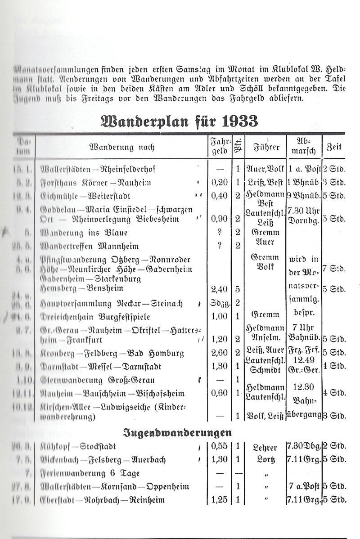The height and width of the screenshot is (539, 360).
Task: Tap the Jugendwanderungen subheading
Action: [x=178, y=433]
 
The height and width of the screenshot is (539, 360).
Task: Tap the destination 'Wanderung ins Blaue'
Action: [x=84, y=233]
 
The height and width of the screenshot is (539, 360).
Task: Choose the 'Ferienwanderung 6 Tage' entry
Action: [x=90, y=473]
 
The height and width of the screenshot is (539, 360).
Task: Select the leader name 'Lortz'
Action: [x=266, y=460]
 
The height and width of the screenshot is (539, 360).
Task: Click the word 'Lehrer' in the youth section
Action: [x=266, y=447]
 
